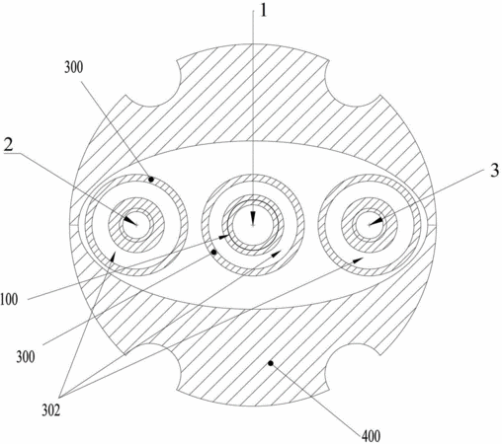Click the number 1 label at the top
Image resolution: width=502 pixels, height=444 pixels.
[x=263, y=11]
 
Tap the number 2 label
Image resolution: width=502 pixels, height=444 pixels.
[x=8, y=144]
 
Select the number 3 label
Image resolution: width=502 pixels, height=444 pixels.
[x=494, y=171]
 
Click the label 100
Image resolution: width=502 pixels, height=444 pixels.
[x=9, y=300]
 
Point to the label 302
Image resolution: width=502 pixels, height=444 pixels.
[x=51, y=410]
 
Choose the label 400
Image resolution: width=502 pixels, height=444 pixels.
[x=371, y=436]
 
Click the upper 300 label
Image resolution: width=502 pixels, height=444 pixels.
[x=73, y=67]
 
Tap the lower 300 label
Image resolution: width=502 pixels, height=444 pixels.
[x=26, y=357]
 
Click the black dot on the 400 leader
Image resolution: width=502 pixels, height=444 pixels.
[x=271, y=363]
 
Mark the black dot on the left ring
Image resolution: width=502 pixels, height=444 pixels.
[x=151, y=180]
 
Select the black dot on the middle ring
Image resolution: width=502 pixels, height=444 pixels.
[x=213, y=253]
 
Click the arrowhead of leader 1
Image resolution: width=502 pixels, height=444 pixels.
[x=253, y=219]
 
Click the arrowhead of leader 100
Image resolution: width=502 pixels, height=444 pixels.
[x=224, y=237]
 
